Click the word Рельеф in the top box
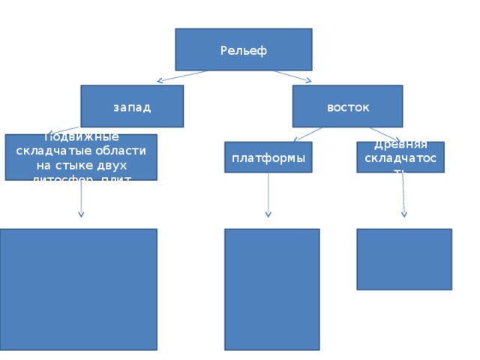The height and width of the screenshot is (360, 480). [x=244, y=50]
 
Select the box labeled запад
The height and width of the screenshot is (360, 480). [x=132, y=106]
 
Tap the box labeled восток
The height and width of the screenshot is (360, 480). [x=348, y=106]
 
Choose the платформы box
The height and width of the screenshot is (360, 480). [x=268, y=157]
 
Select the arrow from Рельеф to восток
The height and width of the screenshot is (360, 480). [x=292, y=76]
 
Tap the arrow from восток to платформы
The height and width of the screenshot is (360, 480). [x=307, y=134]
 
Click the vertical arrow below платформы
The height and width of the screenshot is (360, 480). [x=268, y=195]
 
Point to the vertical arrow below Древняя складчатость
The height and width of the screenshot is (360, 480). [x=403, y=195]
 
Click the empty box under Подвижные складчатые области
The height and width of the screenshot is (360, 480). [x=79, y=289]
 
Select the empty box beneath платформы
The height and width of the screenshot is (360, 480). [x=271, y=289]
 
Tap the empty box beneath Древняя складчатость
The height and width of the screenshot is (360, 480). [x=403, y=259]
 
